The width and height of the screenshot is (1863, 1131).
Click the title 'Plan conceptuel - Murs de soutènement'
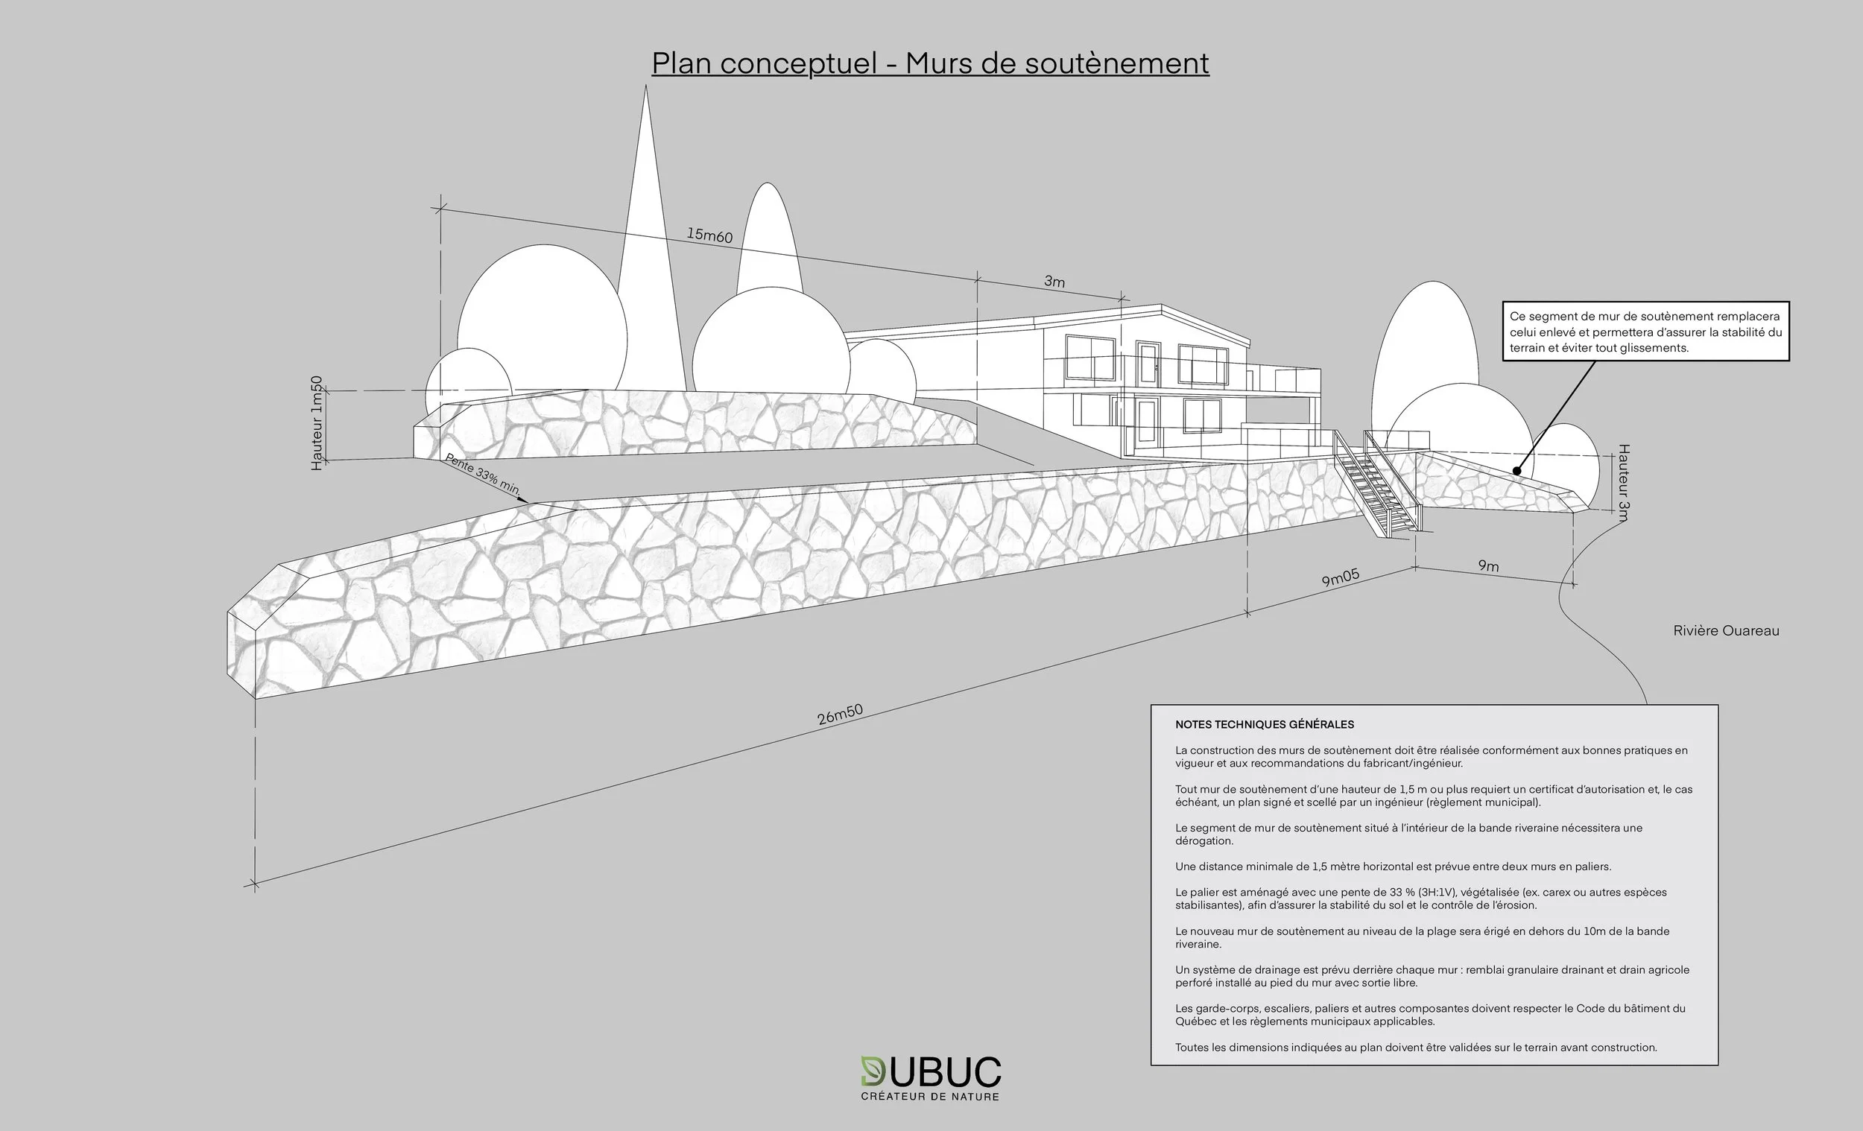pos(930,63)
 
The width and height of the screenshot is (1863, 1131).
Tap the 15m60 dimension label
pos(709,235)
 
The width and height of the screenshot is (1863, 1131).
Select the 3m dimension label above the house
pos(1054,281)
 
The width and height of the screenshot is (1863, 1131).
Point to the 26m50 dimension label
pos(839,715)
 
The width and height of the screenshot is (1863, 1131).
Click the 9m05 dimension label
pos(1340,577)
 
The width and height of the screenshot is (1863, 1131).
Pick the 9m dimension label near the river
pos(1488,565)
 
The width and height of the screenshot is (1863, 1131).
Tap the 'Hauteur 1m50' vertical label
pos(317,423)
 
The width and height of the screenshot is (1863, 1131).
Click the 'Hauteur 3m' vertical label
pos(1622,483)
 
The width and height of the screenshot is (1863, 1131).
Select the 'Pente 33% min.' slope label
pos(482,474)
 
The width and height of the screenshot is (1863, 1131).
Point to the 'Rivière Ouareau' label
pos(1725,630)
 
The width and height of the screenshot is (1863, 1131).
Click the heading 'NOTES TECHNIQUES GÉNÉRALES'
pos(1264,724)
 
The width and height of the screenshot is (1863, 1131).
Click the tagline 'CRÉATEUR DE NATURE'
pos(930,1096)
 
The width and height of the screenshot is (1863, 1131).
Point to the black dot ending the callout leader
pos(1516,471)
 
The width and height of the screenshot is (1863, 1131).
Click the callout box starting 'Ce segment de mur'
pos(1645,332)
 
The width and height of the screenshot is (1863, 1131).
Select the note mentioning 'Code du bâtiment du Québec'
pos(1430,1015)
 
